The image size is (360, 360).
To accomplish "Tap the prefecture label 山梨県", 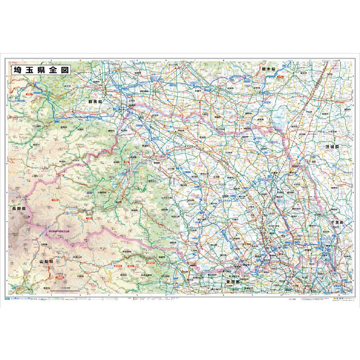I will [47, 261].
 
